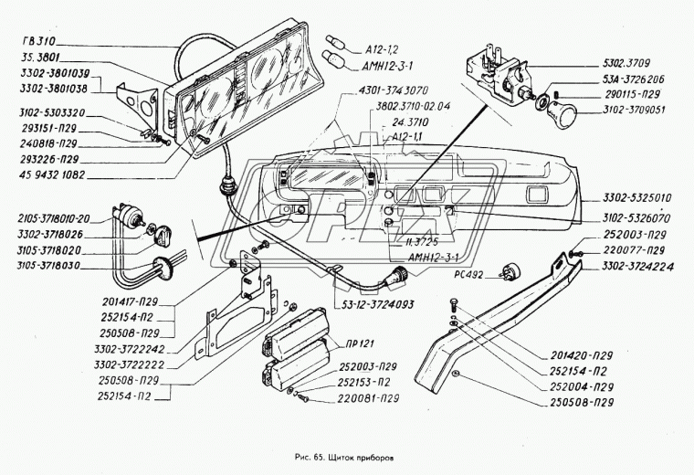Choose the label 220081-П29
[363, 398]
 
